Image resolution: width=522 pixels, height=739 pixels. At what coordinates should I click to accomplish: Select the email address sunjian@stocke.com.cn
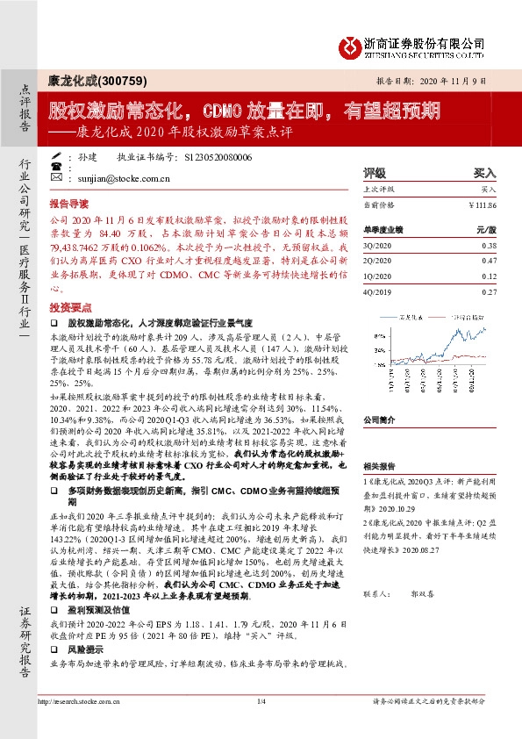click(110, 176)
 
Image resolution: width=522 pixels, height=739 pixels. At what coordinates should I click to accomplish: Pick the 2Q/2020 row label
click(379, 261)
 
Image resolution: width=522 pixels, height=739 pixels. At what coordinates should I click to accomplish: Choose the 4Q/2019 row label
click(379, 290)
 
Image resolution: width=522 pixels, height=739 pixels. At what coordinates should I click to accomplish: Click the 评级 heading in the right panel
click(375, 174)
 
